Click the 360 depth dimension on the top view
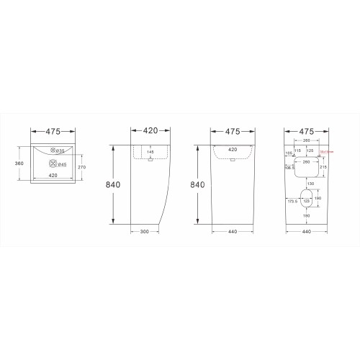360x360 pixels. coord(20,163)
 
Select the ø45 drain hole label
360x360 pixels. coord(63,164)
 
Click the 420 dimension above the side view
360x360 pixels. coord(149,132)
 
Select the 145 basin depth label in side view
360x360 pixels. coord(150,152)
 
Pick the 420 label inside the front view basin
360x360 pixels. coord(233,150)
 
